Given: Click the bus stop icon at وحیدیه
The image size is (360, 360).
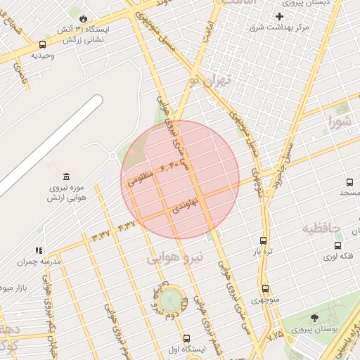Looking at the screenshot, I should pyautogui.click(x=41, y=44).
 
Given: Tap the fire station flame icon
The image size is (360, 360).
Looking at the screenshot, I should pyautogui.click(x=83, y=18).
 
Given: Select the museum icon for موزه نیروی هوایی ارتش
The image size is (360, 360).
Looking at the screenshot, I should pyautogui.click(x=66, y=176).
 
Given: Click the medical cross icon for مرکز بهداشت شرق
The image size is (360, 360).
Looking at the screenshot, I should pyautogui.click(x=279, y=16).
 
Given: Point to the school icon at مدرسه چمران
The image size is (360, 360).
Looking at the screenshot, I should pyautogui.click(x=39, y=250).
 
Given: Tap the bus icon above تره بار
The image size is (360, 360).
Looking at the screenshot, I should pyautogui.click(x=263, y=240).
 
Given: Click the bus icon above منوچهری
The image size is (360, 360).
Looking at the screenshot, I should pyautogui.click(x=265, y=288).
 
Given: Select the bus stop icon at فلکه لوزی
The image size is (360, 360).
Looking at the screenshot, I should pyautogui.click(x=338, y=245).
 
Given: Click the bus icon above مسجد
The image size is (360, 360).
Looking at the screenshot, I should pyautogui.click(x=344, y=181).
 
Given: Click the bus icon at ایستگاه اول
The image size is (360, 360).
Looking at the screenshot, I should pyautogui.click(x=186, y=338).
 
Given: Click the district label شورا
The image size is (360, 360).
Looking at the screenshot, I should pyautogui.click(x=342, y=124).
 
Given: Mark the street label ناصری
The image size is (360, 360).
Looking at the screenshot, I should pyautogui.click(x=27, y=74).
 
